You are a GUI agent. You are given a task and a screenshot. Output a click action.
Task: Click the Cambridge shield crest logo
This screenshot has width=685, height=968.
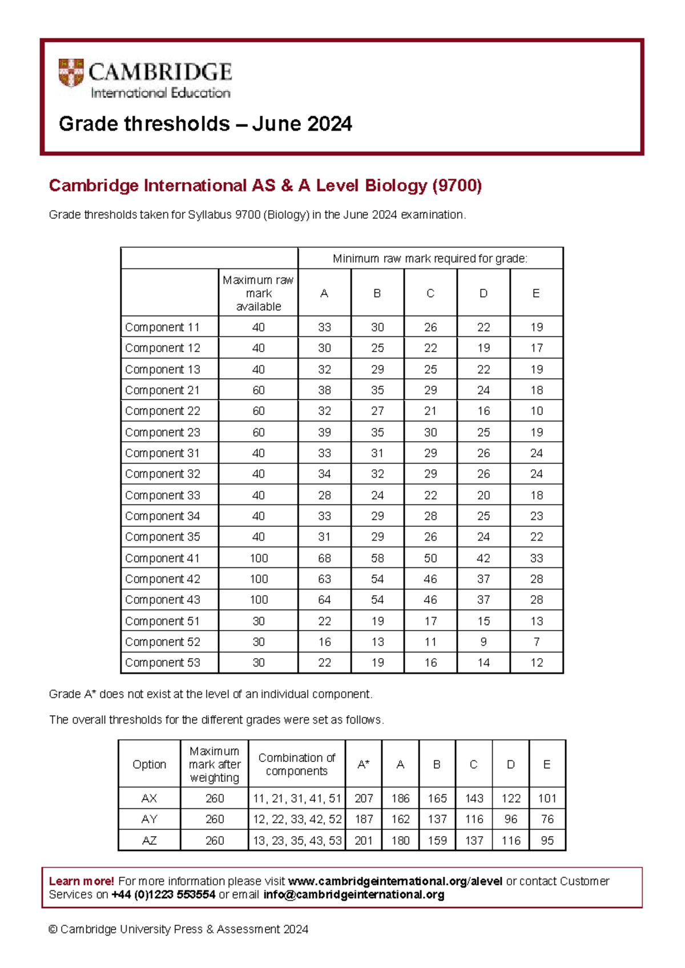click(x=71, y=72)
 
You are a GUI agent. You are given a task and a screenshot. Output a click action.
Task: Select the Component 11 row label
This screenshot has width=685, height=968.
click(x=163, y=327)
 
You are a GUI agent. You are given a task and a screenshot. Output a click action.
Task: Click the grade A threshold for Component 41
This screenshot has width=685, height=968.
click(x=324, y=558)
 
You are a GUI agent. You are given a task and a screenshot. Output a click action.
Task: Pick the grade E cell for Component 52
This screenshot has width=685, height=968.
click(x=536, y=642)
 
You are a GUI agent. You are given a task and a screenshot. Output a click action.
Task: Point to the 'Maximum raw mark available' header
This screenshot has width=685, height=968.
click(x=258, y=293)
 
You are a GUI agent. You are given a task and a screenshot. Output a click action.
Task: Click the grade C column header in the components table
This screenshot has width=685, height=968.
click(x=430, y=293)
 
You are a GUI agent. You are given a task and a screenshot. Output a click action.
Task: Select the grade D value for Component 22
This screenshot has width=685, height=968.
click(x=483, y=411)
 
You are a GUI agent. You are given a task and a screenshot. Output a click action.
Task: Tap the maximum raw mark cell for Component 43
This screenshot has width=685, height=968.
click(x=258, y=599)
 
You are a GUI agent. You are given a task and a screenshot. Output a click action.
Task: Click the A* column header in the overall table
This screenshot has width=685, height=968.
click(x=363, y=764)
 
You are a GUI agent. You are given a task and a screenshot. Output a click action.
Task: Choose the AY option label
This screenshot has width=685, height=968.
click(x=149, y=819)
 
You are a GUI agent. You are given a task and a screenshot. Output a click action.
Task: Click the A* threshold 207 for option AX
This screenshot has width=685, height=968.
click(x=363, y=798)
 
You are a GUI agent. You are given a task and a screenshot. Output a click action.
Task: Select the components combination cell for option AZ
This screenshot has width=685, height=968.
click(x=297, y=840)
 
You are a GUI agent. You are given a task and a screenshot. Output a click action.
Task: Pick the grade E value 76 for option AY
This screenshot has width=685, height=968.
click(x=547, y=819)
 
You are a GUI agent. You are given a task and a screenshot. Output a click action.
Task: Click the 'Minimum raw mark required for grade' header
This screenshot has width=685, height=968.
click(x=430, y=259)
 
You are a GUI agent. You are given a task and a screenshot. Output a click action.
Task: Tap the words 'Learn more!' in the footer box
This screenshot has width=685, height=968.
click(x=81, y=881)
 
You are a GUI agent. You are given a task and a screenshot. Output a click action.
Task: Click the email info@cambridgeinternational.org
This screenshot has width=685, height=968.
click(x=353, y=894)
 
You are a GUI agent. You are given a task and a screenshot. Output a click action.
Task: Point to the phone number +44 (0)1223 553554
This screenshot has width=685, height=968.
click(x=163, y=894)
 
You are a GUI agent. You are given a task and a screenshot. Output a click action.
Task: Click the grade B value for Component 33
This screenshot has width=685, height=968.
click(x=377, y=495)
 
